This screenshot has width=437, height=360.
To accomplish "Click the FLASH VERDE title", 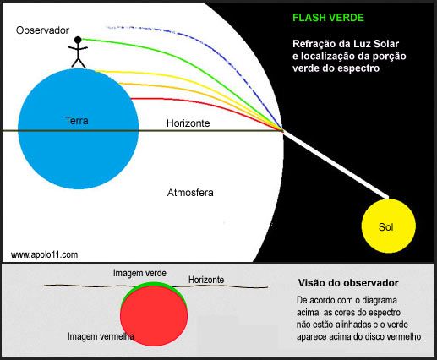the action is (328, 18).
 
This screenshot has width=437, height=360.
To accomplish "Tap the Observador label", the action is (42, 30).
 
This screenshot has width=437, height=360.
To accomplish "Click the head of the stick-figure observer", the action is (78, 40).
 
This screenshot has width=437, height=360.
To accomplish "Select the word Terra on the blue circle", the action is (77, 121).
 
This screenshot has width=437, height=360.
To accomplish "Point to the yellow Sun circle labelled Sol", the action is (389, 226).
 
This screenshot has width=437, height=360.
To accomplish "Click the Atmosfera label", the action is (190, 193).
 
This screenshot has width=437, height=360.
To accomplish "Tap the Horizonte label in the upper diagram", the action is (188, 123).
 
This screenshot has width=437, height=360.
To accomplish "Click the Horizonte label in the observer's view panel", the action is (206, 280).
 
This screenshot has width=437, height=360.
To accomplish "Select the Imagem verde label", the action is (139, 273).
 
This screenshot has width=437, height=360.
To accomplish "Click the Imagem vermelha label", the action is (101, 336).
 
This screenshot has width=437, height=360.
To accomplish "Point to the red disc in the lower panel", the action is (154, 316).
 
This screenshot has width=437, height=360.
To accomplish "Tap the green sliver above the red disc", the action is (153, 284).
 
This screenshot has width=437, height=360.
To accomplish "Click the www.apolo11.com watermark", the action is (44, 254).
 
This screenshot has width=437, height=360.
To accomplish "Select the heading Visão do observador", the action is (348, 283).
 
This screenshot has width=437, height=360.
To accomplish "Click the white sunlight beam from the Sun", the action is (336, 164).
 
